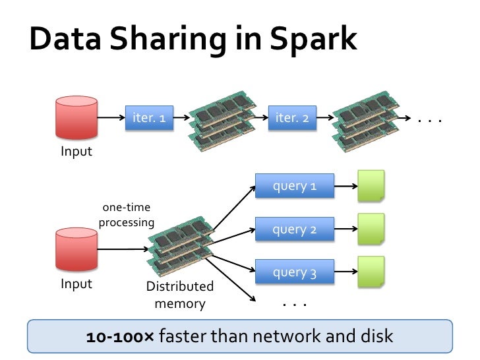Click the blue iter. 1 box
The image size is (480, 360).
[x=149, y=119]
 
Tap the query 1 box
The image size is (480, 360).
[x=295, y=187]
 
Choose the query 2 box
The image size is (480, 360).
[x=295, y=229]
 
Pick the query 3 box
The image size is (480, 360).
[x=295, y=272]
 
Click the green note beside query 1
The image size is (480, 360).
[x=371, y=187]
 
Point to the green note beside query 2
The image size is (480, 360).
[x=371, y=229]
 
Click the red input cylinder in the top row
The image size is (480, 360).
[x=76, y=118]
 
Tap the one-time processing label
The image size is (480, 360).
[x=126, y=215]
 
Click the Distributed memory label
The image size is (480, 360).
[x=179, y=295]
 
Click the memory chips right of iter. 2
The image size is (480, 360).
[x=365, y=119]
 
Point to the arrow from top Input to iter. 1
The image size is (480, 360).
[x=111, y=119]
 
